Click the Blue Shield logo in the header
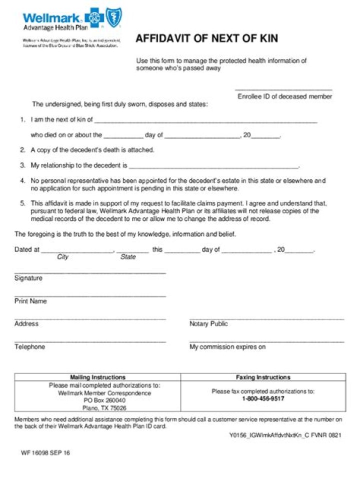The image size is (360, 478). pos(114,18)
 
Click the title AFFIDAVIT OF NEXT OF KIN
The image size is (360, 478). pos(207,39)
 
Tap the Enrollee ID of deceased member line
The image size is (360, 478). pos(284,90)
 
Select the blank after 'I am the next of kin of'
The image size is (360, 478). pos(205,121)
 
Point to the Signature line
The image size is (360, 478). pos(90,273)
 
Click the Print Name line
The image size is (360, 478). pos(90,296)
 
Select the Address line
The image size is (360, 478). pos(90,318)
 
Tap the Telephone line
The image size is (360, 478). pos(90,341)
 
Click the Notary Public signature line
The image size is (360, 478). pos(266,318)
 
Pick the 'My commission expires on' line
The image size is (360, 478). pos(266,341)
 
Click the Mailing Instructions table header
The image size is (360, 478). pos(97,377)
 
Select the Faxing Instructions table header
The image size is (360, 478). pos(263,377)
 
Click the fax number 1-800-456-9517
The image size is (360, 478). pos(263,399)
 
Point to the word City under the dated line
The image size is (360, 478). pos(63,257)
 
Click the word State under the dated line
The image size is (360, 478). pos(128,257)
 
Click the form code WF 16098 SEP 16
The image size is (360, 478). pos(45,453)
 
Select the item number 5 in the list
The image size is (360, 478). pos(22,203)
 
